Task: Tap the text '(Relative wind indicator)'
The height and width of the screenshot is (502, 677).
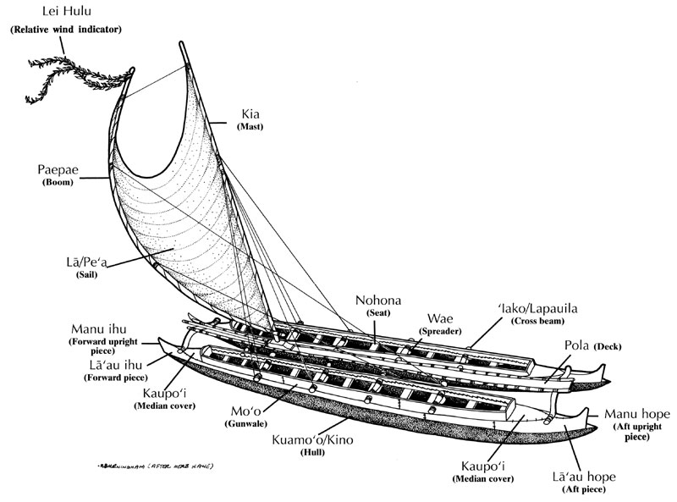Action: (x=66, y=30)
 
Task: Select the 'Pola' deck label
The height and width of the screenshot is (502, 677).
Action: (x=580, y=345)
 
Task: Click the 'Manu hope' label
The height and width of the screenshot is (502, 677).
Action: (x=637, y=414)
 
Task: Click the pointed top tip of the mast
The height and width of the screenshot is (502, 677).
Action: (x=181, y=42)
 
